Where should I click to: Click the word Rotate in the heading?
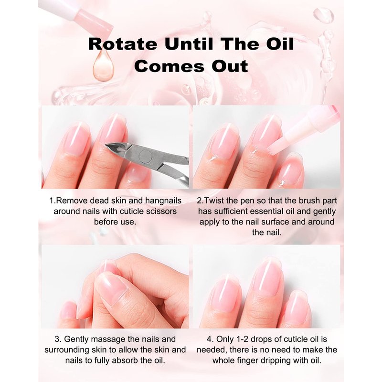pos(123,44)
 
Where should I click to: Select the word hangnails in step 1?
pos(163,201)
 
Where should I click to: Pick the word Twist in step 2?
pos(214,201)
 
